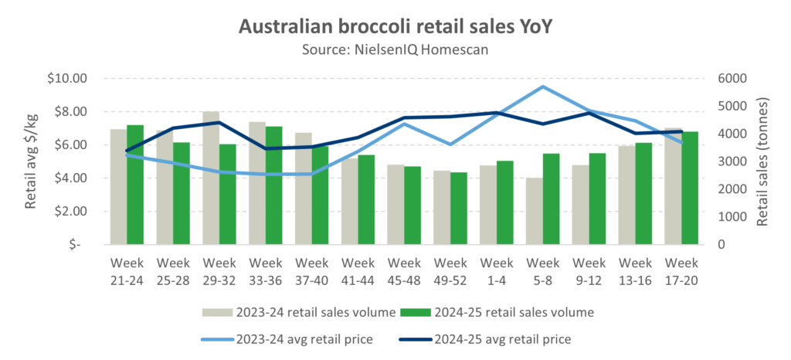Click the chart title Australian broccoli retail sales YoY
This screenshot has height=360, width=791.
click(x=395, y=27)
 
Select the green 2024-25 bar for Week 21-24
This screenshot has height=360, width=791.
click(x=136, y=185)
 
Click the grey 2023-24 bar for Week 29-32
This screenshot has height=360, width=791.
click(x=211, y=178)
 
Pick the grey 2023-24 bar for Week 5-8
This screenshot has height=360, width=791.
click(x=535, y=211)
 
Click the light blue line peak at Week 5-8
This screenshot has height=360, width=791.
click(x=544, y=87)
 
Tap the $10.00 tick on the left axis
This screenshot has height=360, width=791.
click(x=69, y=79)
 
